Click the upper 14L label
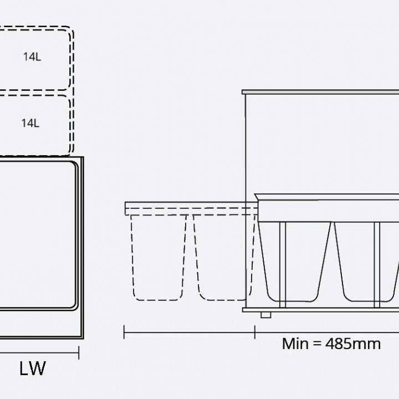point(32,57)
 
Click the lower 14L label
point(30,123)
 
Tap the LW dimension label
point(33,368)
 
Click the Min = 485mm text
point(331,344)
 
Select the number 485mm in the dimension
point(353,344)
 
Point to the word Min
point(295,344)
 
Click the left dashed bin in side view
point(158,258)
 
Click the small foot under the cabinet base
point(266,315)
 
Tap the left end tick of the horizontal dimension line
point(124,332)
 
